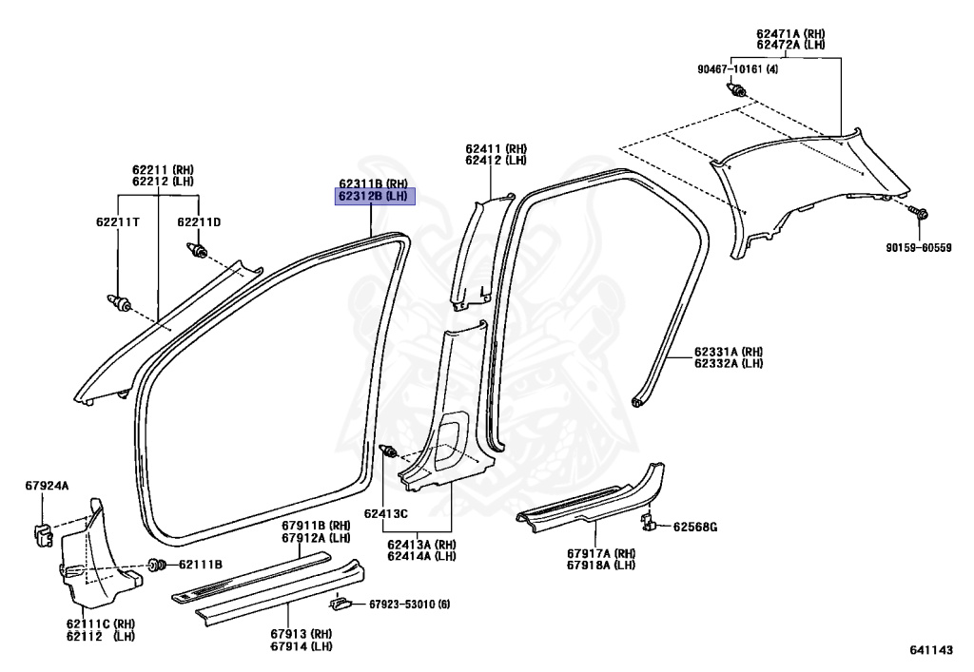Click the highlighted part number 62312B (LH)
click(x=375, y=197)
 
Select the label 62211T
click(x=117, y=222)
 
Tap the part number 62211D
click(x=199, y=222)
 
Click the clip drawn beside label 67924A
click(x=43, y=534)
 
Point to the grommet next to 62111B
click(x=158, y=566)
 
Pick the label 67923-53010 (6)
click(x=409, y=604)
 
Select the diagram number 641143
click(x=931, y=649)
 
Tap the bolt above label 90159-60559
click(x=918, y=213)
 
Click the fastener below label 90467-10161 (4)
click(x=737, y=91)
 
